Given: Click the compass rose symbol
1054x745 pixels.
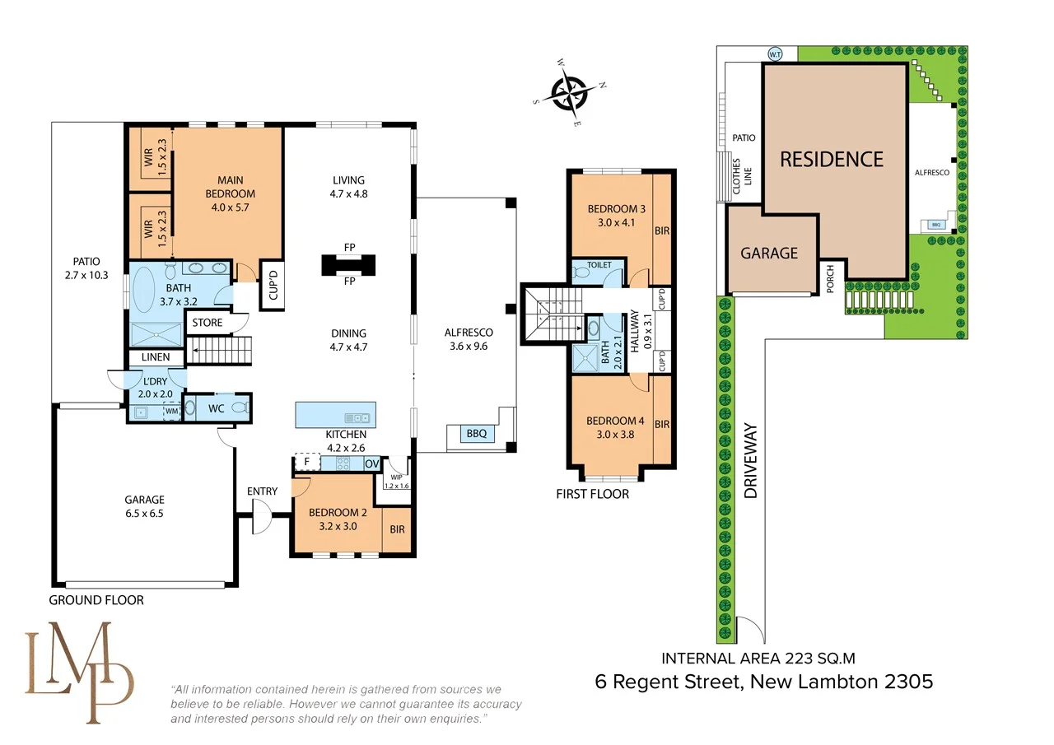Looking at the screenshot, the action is click(569, 93).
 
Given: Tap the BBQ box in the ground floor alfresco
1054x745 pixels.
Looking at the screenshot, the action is click(477, 433).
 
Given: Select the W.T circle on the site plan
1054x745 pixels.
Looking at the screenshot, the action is click(775, 54).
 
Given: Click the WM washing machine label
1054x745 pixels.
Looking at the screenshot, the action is click(172, 411).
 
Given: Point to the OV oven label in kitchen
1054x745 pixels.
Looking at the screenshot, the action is click(371, 463).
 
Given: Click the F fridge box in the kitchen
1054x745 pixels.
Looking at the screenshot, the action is click(307, 462).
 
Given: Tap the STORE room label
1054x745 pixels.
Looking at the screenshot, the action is click(207, 323).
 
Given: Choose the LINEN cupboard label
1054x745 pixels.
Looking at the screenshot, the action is click(156, 357).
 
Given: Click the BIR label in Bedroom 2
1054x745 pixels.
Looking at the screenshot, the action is click(397, 529).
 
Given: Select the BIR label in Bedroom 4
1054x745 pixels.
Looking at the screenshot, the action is click(662, 424).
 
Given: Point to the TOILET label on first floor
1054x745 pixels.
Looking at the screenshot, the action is click(599, 265).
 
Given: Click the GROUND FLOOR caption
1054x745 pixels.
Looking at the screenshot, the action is click(96, 600).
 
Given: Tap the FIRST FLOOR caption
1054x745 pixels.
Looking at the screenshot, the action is click(592, 494).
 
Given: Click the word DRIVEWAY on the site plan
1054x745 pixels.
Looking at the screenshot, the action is click(751, 460).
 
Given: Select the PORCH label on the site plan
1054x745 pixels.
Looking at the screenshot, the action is click(830, 278).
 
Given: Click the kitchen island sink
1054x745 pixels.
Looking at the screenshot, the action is click(357, 417).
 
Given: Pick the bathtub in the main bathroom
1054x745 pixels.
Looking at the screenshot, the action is click(143, 294).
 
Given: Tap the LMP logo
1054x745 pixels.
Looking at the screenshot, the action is click(78, 672).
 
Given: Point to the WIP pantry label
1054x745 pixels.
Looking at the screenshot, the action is click(397, 477).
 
